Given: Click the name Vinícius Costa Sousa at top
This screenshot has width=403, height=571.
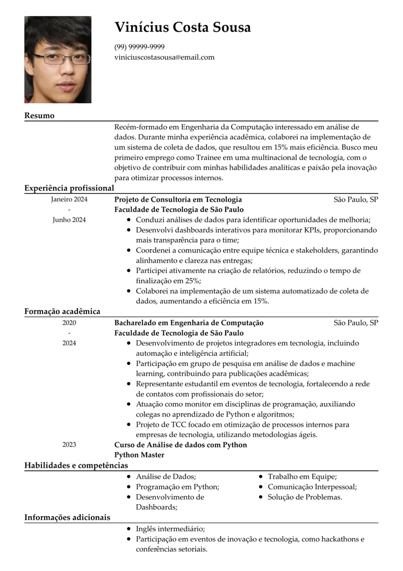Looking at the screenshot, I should [183, 27].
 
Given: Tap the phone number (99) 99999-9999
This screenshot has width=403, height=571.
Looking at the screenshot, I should [140, 47].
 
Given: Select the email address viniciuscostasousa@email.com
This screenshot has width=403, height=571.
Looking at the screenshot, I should [164, 57].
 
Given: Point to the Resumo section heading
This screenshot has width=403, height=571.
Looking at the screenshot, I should [39, 116].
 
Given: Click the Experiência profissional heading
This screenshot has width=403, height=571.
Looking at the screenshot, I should [69, 188].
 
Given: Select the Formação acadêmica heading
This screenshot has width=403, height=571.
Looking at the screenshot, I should [62, 311].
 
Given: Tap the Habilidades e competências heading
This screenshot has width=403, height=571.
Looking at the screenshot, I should [76, 465].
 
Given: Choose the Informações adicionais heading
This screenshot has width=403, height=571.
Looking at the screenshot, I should [67, 517].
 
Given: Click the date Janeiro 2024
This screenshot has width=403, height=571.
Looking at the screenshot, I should [69, 199].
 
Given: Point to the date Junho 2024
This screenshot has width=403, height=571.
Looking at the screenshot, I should [69, 220].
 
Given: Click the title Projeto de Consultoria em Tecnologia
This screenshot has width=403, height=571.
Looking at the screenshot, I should [178, 199].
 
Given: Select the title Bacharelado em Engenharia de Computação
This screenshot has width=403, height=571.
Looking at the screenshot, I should [189, 322].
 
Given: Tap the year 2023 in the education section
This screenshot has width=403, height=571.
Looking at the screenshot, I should [69, 445].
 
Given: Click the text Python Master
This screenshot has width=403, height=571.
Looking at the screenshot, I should [139, 455].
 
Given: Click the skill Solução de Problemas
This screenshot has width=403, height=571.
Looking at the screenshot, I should [305, 497].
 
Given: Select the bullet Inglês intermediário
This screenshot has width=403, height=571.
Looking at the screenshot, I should [170, 528].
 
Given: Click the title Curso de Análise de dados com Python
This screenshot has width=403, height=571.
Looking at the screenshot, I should [181, 445].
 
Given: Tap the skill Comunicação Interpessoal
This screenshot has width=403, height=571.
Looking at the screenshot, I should [312, 487].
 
